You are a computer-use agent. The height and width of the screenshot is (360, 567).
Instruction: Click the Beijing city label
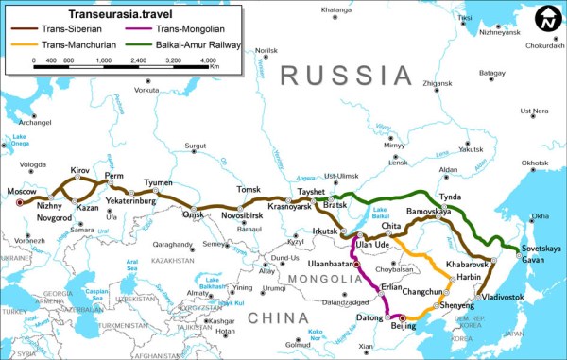coord(403,327)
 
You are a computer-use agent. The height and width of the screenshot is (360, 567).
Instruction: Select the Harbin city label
coord(469,277)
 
